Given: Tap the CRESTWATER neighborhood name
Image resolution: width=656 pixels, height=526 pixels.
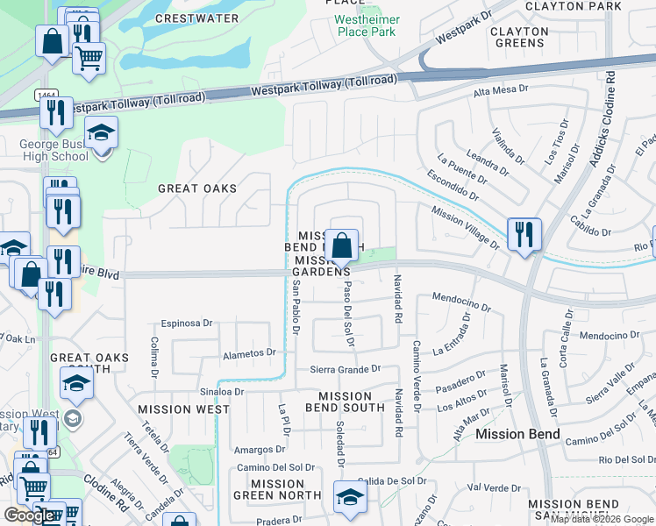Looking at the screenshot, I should click(196, 18).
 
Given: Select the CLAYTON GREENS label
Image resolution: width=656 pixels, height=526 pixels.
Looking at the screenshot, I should click(519, 38).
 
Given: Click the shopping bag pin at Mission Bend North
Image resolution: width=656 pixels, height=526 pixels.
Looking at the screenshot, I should click(340, 244).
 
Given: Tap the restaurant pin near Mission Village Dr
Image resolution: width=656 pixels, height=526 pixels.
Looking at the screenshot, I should click(524, 234).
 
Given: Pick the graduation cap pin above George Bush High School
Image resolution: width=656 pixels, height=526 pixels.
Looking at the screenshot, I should click(102, 133).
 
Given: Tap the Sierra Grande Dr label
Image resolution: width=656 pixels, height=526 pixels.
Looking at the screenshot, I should click(346, 369).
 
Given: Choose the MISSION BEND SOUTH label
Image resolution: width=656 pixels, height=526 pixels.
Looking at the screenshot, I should click(345, 402).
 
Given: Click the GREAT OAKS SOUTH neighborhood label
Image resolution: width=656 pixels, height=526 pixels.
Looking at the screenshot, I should click(89, 364).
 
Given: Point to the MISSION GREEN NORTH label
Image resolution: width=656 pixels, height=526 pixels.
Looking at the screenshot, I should click(277, 489).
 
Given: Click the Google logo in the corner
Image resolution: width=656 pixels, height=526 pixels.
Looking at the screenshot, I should click(29, 515).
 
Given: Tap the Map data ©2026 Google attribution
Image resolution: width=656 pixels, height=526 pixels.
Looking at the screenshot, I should click(602, 519).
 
